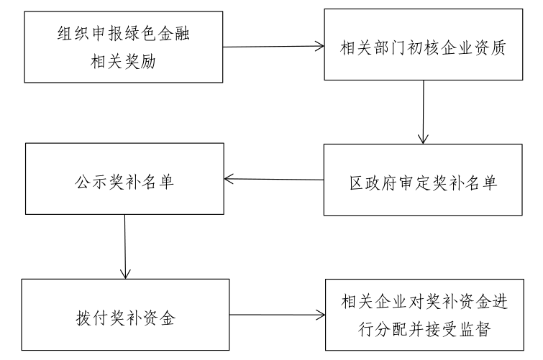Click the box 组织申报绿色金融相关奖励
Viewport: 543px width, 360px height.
[123, 47]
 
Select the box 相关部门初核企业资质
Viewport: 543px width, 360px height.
[423, 45]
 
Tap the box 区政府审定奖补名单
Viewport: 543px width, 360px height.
[423, 180]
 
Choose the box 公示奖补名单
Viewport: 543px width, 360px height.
[124, 179]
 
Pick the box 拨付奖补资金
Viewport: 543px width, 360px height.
[125, 315]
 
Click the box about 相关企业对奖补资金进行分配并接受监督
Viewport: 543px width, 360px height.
[424, 315]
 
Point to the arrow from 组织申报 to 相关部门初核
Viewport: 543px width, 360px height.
[273, 47]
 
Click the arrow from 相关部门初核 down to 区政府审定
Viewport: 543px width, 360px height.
[423, 112]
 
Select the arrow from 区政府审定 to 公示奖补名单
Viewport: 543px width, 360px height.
[274, 180]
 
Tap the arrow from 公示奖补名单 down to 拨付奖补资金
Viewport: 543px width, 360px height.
[125, 246]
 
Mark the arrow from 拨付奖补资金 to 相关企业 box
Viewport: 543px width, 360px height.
[277, 315]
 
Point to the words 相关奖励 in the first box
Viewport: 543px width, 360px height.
[123, 62]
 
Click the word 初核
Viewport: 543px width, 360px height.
[424, 47]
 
